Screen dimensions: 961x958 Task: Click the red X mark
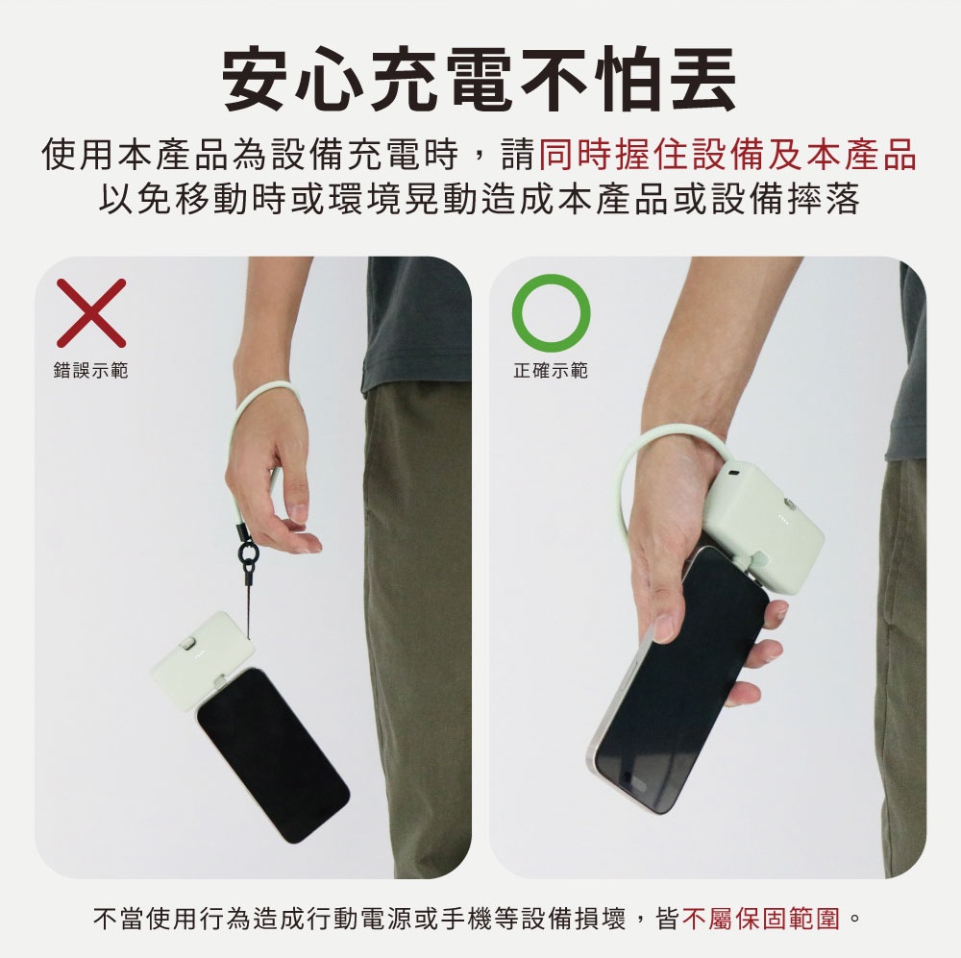91,313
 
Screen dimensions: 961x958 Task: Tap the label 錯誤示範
90,370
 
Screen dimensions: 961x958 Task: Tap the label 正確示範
551,370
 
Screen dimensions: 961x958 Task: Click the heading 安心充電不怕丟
480,80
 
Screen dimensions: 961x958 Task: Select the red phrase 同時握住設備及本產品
727,154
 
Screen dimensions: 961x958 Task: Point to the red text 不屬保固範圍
760,919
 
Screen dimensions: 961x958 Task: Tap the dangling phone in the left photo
273,754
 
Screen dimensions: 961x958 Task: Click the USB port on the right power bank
734,474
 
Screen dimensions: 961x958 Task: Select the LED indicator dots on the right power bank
782,521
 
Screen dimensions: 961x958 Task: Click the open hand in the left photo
273,484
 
